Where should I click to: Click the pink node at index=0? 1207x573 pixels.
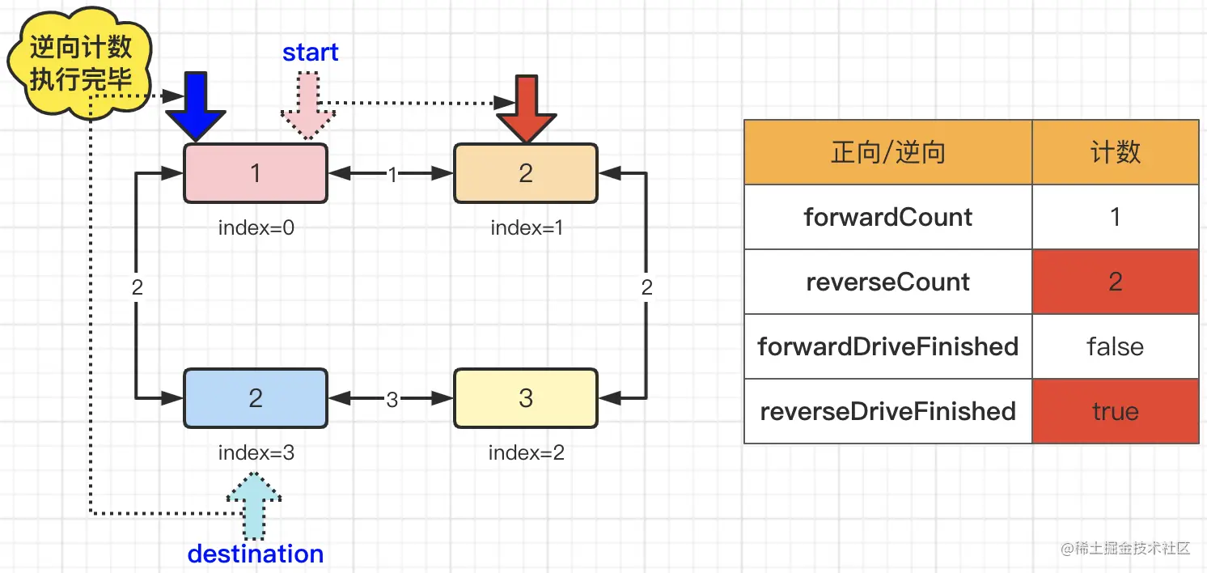(x=256, y=173)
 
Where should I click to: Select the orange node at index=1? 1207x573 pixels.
(x=526, y=173)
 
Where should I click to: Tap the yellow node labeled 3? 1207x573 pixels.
(x=526, y=398)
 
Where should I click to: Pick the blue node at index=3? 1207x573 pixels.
(x=256, y=398)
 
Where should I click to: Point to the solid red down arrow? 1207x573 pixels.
(x=526, y=110)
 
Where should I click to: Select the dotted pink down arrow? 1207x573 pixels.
(x=307, y=107)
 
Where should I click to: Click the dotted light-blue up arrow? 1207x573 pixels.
(x=254, y=506)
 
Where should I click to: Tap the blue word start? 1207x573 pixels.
(x=311, y=53)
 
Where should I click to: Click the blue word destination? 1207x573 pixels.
(x=256, y=554)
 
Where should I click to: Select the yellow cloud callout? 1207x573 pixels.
(x=80, y=62)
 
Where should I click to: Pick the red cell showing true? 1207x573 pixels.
(x=1116, y=411)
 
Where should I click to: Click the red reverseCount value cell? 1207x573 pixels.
(x=1116, y=282)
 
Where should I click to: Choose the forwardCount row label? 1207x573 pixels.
(x=888, y=217)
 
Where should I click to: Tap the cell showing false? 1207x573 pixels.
(x=1116, y=346)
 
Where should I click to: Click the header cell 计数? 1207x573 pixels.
(x=1116, y=152)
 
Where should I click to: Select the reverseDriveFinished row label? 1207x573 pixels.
(x=888, y=411)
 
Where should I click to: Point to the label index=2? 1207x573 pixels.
(x=527, y=452)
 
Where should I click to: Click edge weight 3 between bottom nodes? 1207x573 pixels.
(x=392, y=400)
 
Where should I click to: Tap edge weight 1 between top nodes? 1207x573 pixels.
(x=392, y=174)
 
